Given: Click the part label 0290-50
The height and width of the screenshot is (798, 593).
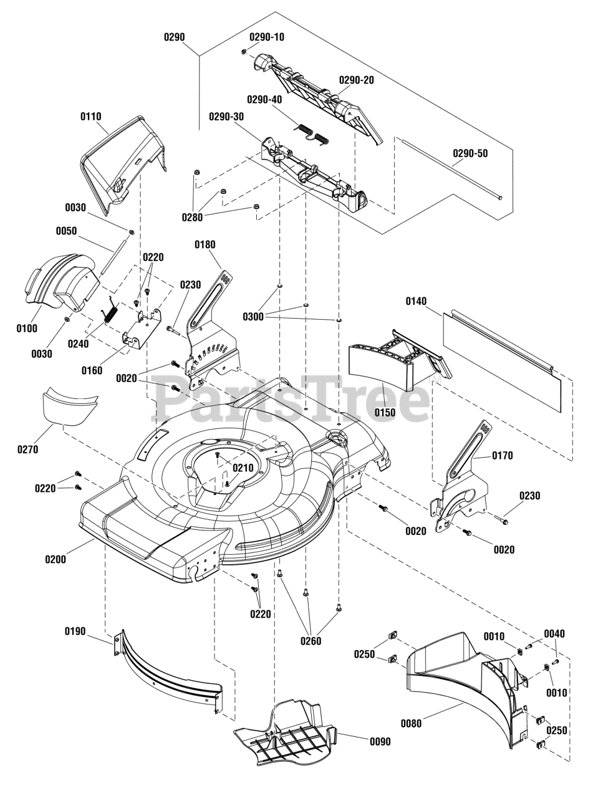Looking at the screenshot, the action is pos(470,153).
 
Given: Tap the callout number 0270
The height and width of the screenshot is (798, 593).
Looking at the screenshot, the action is pos(27,449).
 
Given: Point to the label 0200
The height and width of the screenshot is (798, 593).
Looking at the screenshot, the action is pos(55,559).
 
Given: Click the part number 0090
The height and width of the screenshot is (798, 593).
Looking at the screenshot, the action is pos(380,741).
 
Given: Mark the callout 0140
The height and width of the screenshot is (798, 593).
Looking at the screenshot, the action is pos(417,300).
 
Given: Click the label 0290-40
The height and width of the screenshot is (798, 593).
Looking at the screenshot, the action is pos(264,99).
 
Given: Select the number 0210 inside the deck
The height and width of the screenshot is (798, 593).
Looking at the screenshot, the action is pos(243,468).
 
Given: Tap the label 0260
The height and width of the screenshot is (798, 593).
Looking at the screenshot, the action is pos(311,641).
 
